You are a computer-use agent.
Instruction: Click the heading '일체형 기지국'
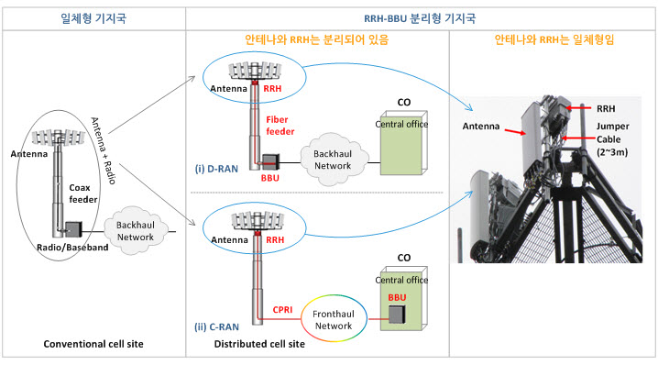pyautogui.click(x=92, y=17)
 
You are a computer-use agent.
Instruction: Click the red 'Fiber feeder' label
pyautogui.click(x=279, y=125)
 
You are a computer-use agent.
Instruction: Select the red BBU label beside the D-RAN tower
pyautogui.click(x=270, y=177)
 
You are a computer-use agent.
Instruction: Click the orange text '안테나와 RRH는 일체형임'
pyautogui.click(x=553, y=40)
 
